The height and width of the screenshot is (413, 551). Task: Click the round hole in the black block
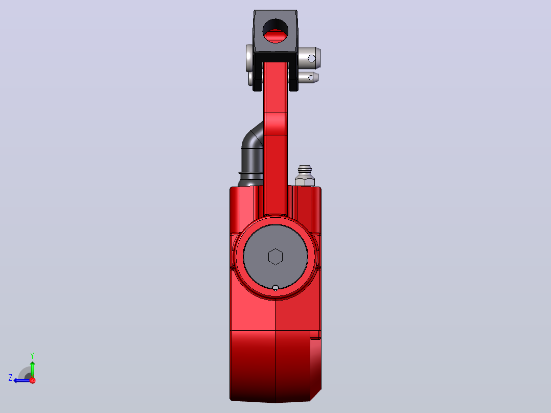[x=275, y=31]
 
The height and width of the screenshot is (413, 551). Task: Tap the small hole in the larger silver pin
[x=312, y=58]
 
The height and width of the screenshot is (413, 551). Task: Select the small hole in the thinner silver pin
[x=311, y=77]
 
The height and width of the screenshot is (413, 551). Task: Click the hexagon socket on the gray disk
[x=275, y=257]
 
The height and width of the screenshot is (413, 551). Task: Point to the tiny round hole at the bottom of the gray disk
[x=275, y=288]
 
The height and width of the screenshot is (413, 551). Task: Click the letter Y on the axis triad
[x=32, y=355]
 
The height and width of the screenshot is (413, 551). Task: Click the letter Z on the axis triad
[x=10, y=378]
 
